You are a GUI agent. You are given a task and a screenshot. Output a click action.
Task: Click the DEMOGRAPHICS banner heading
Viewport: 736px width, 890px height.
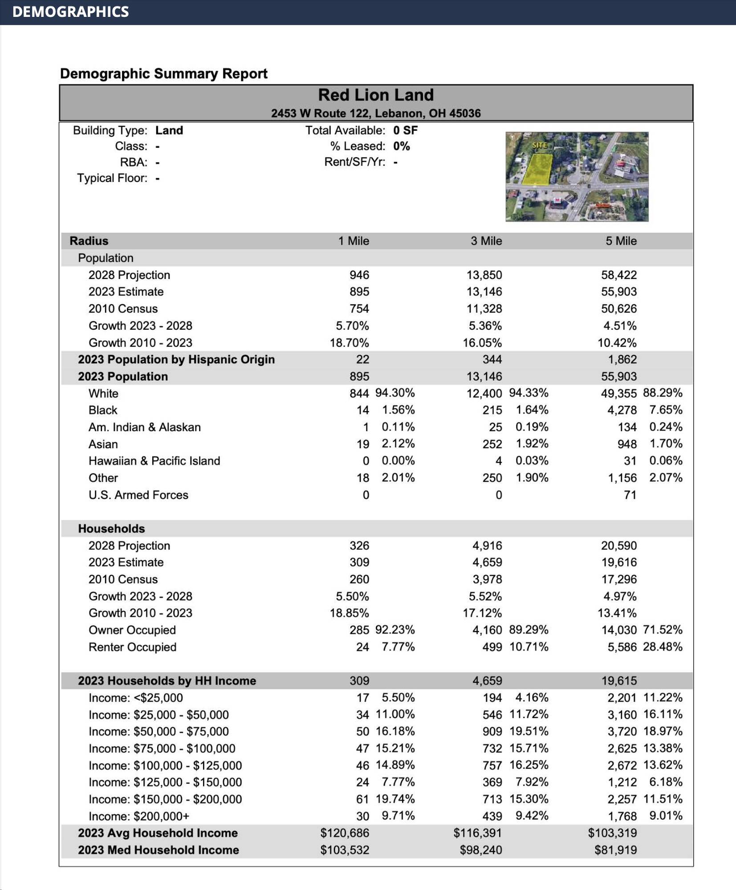point(70,12)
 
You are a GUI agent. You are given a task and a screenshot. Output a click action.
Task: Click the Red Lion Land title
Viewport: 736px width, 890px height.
point(375,95)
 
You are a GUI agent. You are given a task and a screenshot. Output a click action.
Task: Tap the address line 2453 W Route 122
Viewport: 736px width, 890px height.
point(375,113)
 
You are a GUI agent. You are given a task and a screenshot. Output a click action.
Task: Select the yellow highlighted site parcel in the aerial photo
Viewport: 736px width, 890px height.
point(537,170)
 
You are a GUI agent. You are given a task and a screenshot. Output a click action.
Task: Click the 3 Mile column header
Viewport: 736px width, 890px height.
point(486,241)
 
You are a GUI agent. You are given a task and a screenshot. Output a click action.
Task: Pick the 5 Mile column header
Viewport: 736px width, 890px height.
point(621,241)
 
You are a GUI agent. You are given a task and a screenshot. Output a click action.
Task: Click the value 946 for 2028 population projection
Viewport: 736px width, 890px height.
point(359,275)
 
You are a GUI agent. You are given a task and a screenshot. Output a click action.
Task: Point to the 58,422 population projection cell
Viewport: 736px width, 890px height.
point(618,275)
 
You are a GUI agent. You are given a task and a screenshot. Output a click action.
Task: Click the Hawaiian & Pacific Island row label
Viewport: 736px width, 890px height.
point(154,461)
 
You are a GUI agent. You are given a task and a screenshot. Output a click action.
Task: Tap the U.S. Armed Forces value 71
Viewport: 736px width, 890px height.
point(630,495)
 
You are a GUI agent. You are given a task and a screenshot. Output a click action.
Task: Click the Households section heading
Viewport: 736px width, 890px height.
point(111,529)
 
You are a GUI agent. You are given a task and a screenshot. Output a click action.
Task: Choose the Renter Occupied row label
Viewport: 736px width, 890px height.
point(132,647)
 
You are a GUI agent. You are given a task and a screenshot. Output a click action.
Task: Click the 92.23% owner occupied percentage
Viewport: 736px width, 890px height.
point(395,630)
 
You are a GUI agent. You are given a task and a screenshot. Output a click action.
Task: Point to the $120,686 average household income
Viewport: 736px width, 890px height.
point(345,833)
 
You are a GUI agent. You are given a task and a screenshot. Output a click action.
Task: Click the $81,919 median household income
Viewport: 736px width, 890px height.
point(615,850)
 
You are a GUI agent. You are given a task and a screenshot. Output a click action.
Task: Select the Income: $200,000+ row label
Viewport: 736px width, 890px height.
point(139,816)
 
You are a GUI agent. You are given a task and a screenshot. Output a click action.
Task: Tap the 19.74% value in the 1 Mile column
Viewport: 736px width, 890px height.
point(395,799)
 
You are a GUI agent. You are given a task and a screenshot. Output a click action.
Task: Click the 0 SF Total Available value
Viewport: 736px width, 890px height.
point(405,130)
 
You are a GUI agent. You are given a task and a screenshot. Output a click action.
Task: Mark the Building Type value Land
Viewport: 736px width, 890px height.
point(169,130)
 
